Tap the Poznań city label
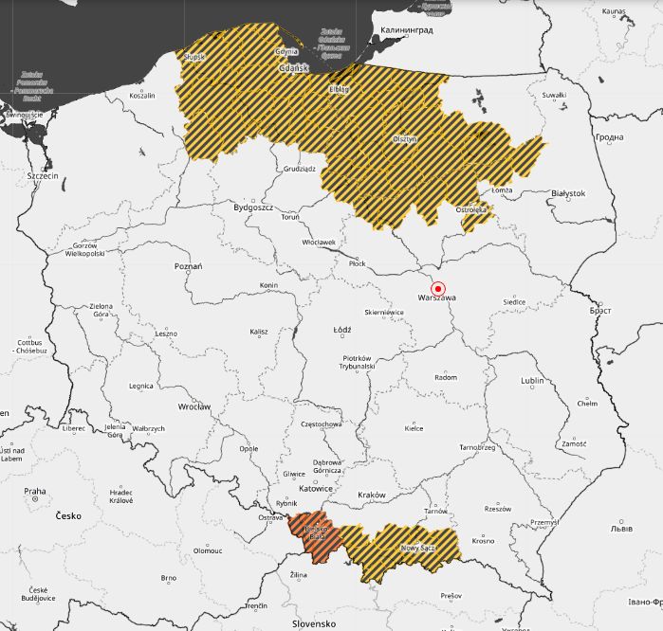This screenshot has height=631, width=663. pos(189,267)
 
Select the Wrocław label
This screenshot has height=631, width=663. pos(193,406)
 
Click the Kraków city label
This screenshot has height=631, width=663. pos(372,496)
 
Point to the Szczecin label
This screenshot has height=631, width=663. pos(43,176)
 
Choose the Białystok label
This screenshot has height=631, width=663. pos(568,193)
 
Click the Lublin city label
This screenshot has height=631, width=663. pos(532,381)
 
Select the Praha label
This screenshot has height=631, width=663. pos(35,491)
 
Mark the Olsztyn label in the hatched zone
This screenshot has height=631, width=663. pos(405,139)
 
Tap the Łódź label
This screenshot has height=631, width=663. pos(342,331)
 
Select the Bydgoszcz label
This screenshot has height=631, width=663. pos(253,207)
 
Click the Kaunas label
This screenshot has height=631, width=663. pos(614,11)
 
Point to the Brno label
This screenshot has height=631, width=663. pos(168,577)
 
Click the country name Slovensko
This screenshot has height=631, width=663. pos(314,623)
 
